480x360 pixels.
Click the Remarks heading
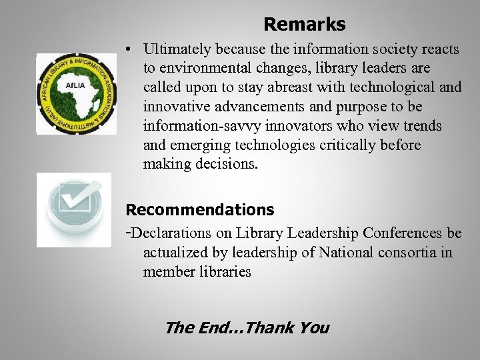point(304,25)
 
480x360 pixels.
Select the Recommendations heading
point(200,210)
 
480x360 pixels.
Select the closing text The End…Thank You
point(247,327)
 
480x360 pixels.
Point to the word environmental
point(200,68)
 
